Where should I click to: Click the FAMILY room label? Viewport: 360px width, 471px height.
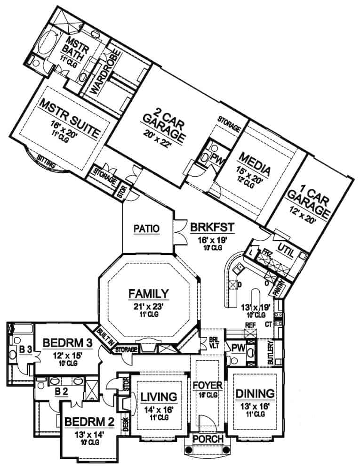(x=149, y=294)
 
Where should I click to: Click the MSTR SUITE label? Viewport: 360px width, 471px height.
(x=70, y=117)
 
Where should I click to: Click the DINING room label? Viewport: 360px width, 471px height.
(x=255, y=393)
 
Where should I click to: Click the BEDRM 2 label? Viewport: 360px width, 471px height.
(x=85, y=421)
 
